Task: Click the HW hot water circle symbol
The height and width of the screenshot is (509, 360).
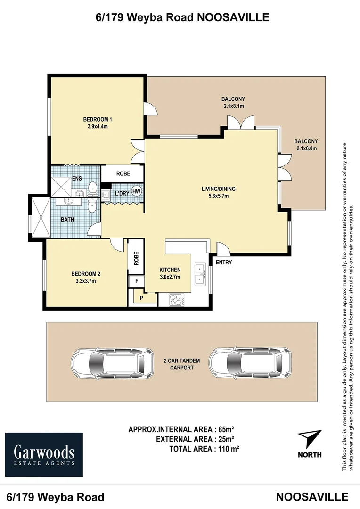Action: click(137, 191)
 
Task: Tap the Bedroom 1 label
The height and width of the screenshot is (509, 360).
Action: click(98, 119)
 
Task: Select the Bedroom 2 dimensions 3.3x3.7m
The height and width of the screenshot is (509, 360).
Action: click(85, 281)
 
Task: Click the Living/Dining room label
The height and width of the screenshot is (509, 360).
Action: click(218, 189)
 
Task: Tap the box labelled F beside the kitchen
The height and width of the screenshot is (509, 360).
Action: click(136, 281)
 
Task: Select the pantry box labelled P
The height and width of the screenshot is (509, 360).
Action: click(141, 298)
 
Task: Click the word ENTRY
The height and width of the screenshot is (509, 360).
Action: click(224, 263)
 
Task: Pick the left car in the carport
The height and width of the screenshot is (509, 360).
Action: click(112, 364)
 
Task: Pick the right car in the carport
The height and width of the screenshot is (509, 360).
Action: click(250, 364)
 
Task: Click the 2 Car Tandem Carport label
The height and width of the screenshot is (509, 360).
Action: click(181, 364)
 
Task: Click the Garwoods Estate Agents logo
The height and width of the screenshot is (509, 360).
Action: click(44, 455)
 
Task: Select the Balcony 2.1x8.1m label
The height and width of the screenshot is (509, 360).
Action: click(233, 102)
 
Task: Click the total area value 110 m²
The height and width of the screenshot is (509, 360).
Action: click(227, 449)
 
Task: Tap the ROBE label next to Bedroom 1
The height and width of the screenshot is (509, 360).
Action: click(123, 173)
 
